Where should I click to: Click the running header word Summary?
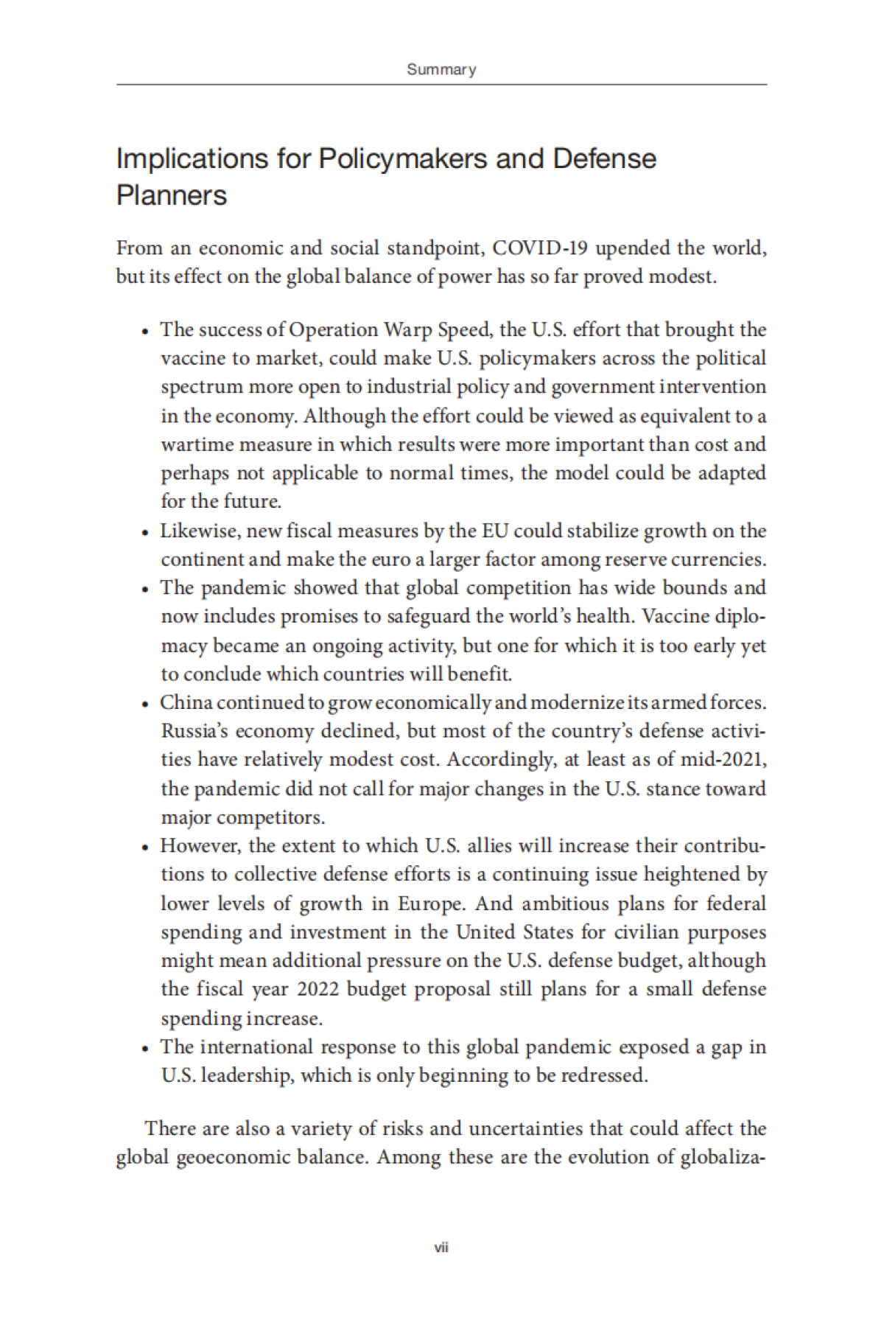(x=441, y=70)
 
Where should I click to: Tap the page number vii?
(x=441, y=1248)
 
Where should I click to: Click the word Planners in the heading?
(x=172, y=196)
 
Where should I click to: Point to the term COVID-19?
(x=540, y=248)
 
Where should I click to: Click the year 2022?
(x=318, y=989)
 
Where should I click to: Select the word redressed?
(x=604, y=1075)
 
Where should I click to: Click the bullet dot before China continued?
(x=146, y=704)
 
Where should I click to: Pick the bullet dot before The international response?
(x=146, y=1048)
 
